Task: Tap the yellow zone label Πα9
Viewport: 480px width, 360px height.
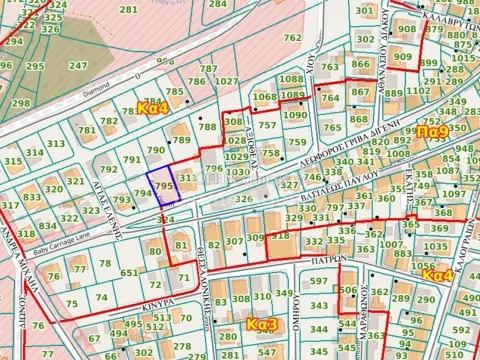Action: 432,131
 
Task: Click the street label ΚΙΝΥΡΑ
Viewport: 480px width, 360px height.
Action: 130,298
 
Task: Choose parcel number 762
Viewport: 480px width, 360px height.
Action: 292,38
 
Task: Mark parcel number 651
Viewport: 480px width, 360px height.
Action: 128,273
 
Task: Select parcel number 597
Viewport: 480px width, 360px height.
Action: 317,281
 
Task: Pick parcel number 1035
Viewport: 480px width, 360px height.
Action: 437,246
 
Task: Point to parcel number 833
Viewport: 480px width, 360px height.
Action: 32,198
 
